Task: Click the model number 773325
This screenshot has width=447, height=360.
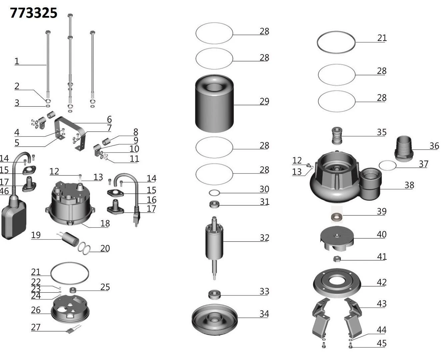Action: [34, 13]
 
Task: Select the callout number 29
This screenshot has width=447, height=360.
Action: [264, 101]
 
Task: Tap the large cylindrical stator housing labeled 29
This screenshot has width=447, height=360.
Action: [214, 103]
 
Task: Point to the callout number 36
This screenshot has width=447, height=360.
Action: [434, 146]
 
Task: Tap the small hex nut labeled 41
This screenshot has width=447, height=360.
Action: [336, 258]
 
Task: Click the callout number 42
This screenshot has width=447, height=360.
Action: [381, 282]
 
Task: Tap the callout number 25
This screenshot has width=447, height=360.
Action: [105, 287]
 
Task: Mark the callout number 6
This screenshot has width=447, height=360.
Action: [109, 120]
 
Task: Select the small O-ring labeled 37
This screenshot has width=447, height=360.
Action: [388, 165]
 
